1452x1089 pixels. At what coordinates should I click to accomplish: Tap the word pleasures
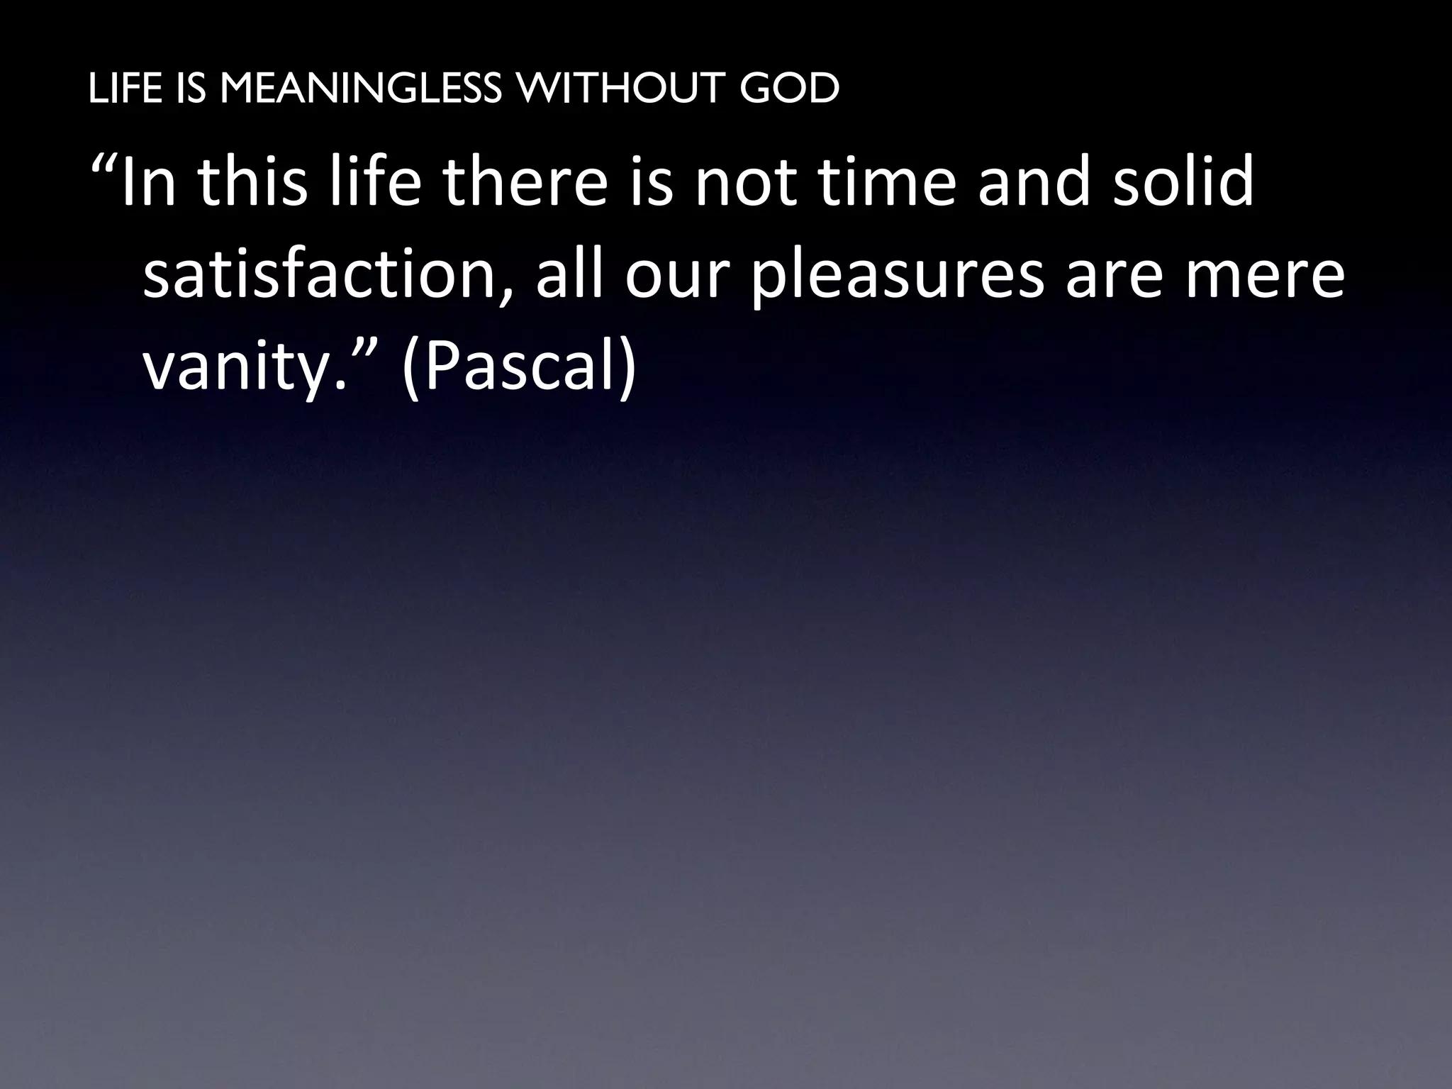point(897,278)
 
